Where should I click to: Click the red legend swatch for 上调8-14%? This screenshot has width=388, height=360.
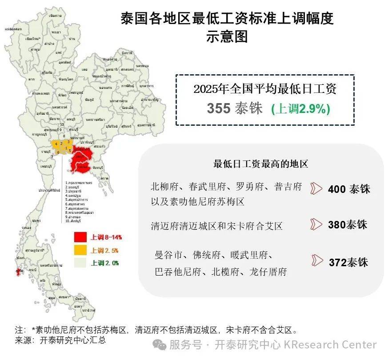(x=80, y=237)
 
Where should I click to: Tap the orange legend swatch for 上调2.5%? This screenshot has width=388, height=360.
(x=80, y=250)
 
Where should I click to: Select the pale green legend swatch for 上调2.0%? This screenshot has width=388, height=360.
(x=80, y=263)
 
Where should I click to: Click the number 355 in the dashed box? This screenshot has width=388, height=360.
(x=218, y=108)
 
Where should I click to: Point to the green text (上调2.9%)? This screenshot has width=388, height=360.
(x=300, y=109)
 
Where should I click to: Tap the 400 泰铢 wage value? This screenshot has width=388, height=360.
(x=349, y=189)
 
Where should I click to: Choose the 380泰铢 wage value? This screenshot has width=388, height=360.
(x=348, y=224)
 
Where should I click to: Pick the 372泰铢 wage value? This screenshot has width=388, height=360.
(x=348, y=262)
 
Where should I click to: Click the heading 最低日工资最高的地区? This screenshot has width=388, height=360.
(x=261, y=164)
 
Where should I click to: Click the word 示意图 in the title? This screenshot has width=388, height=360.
(x=227, y=37)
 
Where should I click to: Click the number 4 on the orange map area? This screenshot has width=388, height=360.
(x=56, y=144)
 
